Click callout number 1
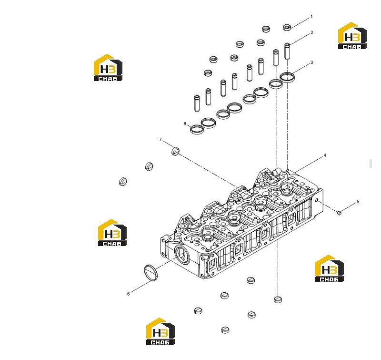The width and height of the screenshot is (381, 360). coord(312,17)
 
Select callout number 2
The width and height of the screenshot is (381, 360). coord(312,32)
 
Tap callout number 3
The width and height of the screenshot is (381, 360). coord(312,63)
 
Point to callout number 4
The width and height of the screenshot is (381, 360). coord(325,155)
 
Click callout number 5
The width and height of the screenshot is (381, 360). coord(358,202)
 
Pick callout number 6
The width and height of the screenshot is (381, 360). coord(129,294)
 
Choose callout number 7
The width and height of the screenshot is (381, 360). coord(160,140)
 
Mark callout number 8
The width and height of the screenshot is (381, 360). coord(185,124)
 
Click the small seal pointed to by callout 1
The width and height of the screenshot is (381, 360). coord(287,28)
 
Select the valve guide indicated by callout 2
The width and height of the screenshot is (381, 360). coord(287,51)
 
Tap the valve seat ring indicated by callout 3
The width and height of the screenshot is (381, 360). coord(287,77)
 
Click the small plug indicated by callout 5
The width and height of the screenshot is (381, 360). coord(340,213)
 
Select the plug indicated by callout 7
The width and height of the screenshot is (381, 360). coord(175,151)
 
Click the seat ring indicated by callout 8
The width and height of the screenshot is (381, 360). coord(197,129)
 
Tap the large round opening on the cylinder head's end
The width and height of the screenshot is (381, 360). coord(182,255)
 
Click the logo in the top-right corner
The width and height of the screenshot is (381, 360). coord(352,36)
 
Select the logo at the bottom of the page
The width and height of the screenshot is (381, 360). coord(160,331)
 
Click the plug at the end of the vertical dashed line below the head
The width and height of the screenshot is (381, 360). coord(278,299)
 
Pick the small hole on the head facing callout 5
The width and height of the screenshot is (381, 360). coord(317,200)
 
